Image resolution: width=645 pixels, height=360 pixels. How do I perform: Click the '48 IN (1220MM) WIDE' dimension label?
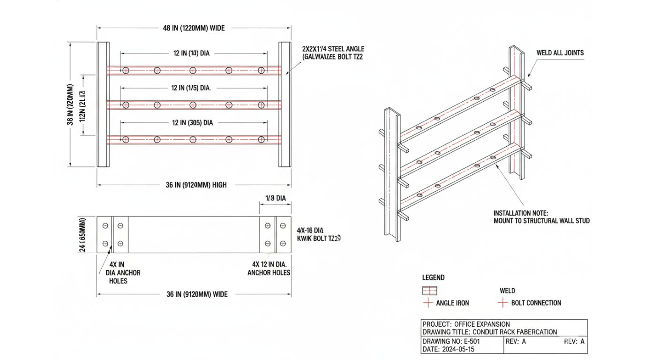pyautogui.click(x=194, y=28)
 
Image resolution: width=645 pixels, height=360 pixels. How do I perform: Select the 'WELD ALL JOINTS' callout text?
pyautogui.click(x=560, y=53)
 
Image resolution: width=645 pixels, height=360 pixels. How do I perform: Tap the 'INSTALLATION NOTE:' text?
pyautogui.click(x=520, y=213)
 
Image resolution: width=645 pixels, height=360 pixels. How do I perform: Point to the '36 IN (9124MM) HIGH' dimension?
pyautogui.click(x=196, y=185)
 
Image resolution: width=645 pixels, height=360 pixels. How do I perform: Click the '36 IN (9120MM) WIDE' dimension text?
pyautogui.click(x=197, y=294)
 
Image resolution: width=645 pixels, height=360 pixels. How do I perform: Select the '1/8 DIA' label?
pyautogui.click(x=275, y=198)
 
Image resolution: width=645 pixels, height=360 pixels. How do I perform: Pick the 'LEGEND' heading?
pyautogui.click(x=433, y=277)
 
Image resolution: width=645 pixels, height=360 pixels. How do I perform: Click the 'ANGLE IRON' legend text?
pyautogui.click(x=452, y=303)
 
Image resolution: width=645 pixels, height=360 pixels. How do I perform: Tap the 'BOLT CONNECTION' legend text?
pyautogui.click(x=536, y=303)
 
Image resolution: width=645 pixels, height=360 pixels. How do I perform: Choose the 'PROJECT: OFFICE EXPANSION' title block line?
pyautogui.click(x=466, y=324)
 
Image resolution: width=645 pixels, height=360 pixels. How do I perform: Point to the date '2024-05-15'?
pyautogui.click(x=461, y=349)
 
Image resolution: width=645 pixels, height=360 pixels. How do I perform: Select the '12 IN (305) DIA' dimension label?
pyautogui.click(x=192, y=123)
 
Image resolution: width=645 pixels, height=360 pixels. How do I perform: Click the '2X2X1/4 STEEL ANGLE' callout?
pyautogui.click(x=333, y=49)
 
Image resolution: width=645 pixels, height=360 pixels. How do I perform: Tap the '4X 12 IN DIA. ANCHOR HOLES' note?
pyautogui.click(x=269, y=269)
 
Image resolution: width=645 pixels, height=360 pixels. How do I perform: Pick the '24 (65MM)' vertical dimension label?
pyautogui.click(x=84, y=234)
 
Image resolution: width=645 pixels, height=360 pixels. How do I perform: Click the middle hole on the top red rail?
pyautogui.click(x=193, y=70)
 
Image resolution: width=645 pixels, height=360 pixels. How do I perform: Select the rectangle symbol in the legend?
pyautogui.click(x=429, y=291)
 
